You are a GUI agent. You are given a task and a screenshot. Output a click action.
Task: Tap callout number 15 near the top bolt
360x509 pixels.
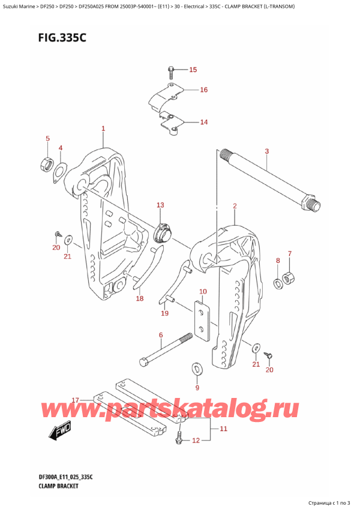click(x=192, y=70)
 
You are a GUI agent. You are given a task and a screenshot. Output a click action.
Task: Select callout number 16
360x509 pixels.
click(x=203, y=90)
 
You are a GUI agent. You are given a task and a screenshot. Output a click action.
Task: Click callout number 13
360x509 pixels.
click(x=160, y=206)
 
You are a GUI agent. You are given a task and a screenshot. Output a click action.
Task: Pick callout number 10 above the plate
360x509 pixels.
click(x=203, y=292)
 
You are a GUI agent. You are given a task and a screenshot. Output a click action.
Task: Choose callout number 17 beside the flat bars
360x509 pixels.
click(x=75, y=400)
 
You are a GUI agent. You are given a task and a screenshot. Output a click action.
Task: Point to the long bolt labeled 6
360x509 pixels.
click(x=162, y=351)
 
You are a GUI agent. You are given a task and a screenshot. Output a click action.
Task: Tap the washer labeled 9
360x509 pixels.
click(x=196, y=367)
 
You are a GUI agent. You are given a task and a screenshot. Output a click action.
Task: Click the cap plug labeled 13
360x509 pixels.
click(x=162, y=232)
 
